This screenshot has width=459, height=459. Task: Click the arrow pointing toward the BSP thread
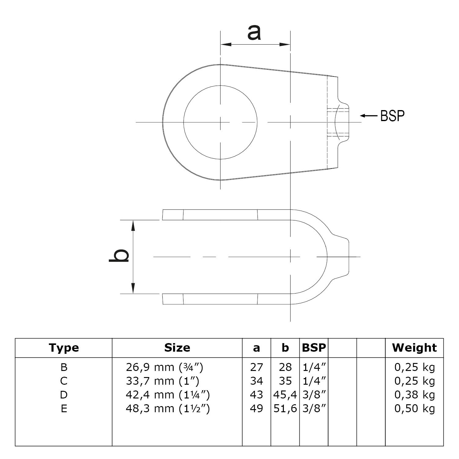[369, 116]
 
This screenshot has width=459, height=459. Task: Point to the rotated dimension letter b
[119, 256]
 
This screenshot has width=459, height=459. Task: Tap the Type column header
[64, 348]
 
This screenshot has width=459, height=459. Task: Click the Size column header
[177, 348]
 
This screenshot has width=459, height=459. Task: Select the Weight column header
[414, 348]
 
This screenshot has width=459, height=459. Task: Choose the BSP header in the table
[314, 348]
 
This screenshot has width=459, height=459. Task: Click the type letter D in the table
[64, 395]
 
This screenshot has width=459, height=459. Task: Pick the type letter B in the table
[64, 367]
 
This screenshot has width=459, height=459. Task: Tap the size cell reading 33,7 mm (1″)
[162, 381]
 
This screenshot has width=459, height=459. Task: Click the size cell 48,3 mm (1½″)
[168, 409]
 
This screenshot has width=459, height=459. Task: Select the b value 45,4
[285, 395]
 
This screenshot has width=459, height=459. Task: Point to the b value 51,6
[285, 409]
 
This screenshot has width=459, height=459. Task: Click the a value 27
[256, 367]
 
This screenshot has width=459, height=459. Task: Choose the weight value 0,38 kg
[414, 395]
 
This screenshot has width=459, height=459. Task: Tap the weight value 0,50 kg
[414, 409]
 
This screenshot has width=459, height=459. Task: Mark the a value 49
[256, 409]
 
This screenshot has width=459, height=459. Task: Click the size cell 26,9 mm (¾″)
[164, 367]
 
